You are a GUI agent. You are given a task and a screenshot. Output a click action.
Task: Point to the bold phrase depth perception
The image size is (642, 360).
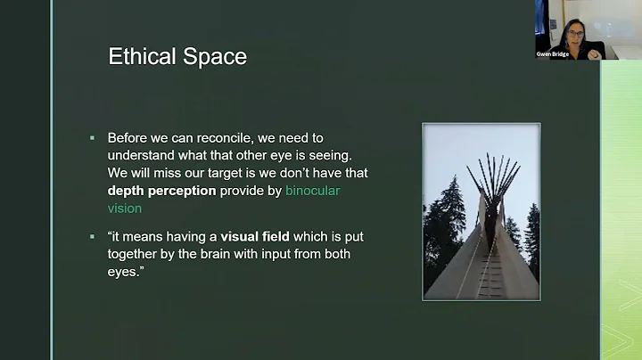[x=161, y=191]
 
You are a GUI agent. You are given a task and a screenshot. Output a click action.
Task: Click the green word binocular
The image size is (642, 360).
[x=312, y=191]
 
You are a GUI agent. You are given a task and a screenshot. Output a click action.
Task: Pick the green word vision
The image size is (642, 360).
[x=124, y=208]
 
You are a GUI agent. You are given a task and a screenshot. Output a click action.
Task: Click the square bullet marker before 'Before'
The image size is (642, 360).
[x=93, y=139]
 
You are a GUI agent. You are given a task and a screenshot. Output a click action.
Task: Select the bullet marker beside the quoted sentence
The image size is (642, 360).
[x=93, y=237]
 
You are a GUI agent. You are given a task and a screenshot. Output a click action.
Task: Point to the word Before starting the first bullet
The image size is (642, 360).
[x=129, y=138]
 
